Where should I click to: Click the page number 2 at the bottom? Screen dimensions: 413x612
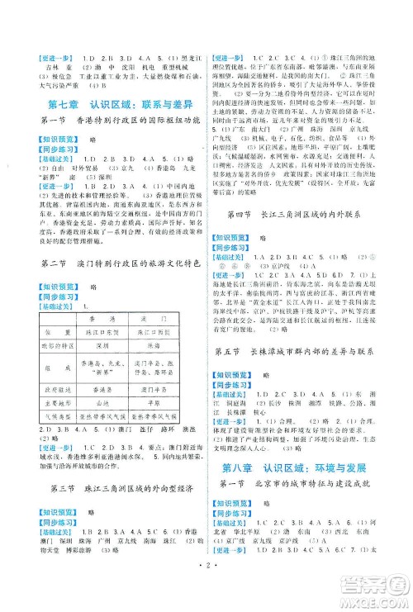[206, 601]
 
